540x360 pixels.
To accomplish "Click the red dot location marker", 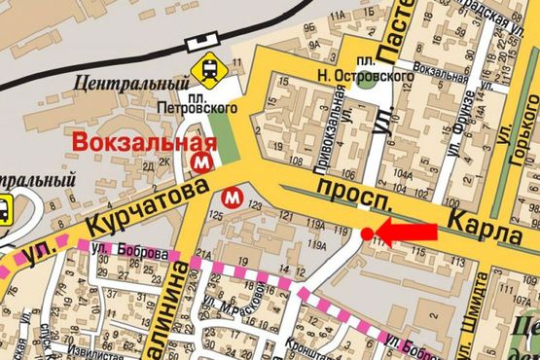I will pyautogui.click(x=367, y=234).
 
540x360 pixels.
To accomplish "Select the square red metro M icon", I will pyautogui.click(x=204, y=159).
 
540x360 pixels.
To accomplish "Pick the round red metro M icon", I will pyautogui.click(x=233, y=197).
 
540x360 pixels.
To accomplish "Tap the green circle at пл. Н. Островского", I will pyautogui.click(x=365, y=81).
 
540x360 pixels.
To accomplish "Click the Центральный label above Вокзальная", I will pyautogui.click(x=120, y=84).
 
